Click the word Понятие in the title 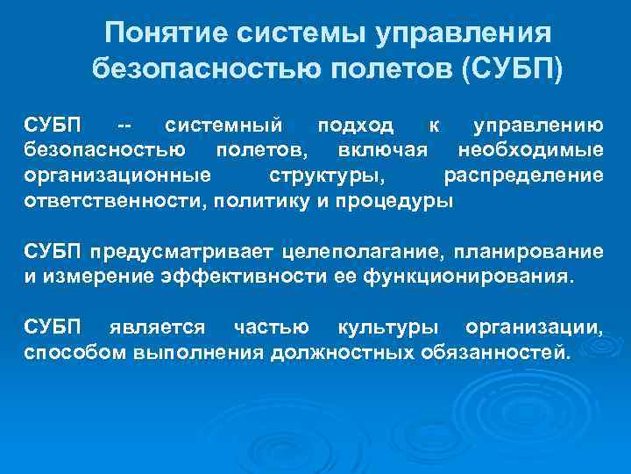[x=155, y=34]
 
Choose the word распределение [x=523, y=176]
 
